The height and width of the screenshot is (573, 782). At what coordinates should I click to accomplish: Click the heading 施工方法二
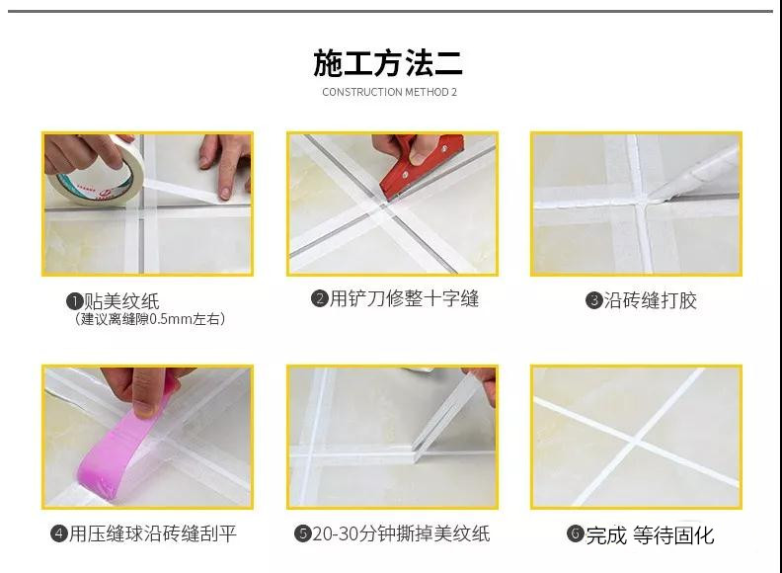pyautogui.click(x=388, y=63)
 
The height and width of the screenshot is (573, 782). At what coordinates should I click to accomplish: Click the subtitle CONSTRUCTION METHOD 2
pyautogui.click(x=389, y=92)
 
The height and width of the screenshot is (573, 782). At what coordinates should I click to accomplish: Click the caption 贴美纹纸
pyautogui.click(x=121, y=301)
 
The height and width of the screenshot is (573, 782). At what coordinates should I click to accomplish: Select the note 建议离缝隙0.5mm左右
pyautogui.click(x=150, y=319)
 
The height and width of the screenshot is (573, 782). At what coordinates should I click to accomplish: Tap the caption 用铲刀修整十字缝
pyautogui.click(x=404, y=298)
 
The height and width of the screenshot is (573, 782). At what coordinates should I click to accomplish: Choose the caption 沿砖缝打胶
pyautogui.click(x=650, y=300)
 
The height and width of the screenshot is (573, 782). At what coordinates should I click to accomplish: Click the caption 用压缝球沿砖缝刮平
pyautogui.click(x=153, y=533)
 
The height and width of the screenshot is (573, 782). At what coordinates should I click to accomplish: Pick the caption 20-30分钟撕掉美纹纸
pyautogui.click(x=402, y=533)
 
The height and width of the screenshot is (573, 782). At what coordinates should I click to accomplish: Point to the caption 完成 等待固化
pyautogui.click(x=650, y=535)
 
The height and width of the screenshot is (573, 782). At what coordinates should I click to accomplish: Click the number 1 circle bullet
pyautogui.click(x=74, y=301)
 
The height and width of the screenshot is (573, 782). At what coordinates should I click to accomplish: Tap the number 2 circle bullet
pyautogui.click(x=320, y=298)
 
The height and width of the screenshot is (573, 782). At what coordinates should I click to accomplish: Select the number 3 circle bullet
pyautogui.click(x=594, y=300)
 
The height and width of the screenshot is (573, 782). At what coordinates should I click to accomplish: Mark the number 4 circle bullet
pyautogui.click(x=59, y=533)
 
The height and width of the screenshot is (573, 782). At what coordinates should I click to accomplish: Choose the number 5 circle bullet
pyautogui.click(x=303, y=533)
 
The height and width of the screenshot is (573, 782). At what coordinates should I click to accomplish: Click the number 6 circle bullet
pyautogui.click(x=576, y=533)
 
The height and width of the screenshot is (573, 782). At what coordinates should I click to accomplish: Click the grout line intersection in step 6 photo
pyautogui.click(x=637, y=439)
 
